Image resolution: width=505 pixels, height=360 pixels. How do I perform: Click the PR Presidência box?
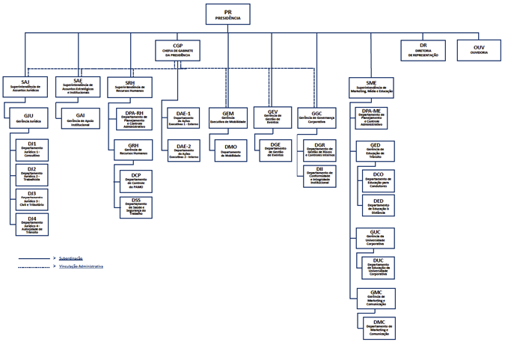[227, 15]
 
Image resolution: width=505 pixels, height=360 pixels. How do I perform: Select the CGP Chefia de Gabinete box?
[177, 49]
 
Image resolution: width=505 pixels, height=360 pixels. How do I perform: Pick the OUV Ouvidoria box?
[479, 49]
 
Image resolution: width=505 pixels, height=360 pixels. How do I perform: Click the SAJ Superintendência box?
[25, 86]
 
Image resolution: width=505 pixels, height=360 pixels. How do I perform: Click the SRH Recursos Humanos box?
[130, 87]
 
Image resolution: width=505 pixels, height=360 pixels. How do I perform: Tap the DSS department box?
[136, 207]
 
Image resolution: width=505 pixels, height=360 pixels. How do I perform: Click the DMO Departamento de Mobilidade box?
[230, 150]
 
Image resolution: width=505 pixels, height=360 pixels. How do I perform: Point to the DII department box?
[319, 176]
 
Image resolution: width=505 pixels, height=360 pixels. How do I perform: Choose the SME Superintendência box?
[371, 87]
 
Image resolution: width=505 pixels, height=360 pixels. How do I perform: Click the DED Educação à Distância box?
[379, 206]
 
